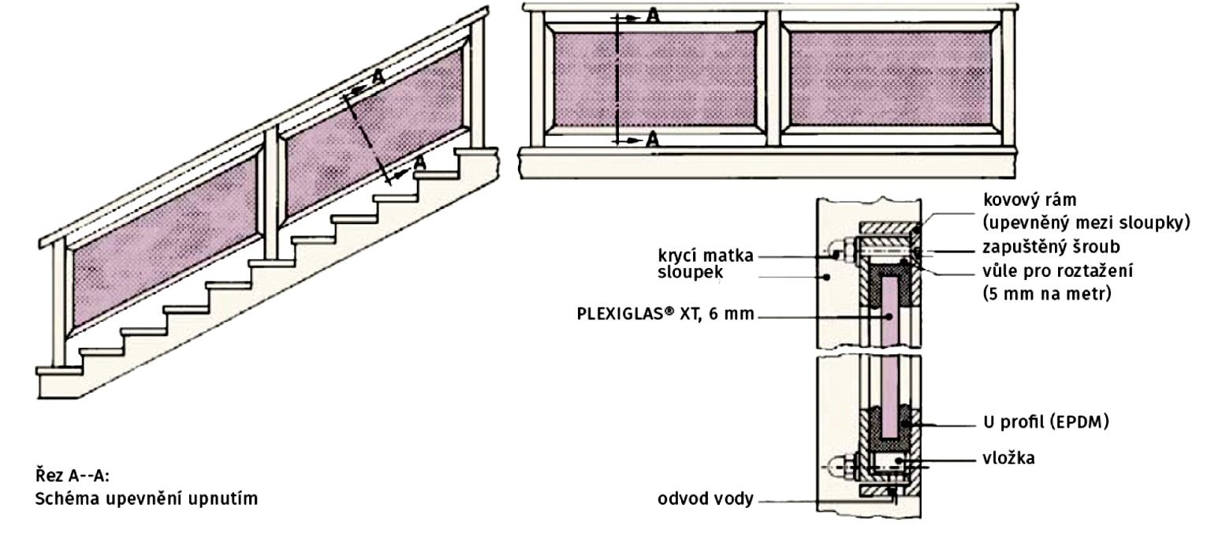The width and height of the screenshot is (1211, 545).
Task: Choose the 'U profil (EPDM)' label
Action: coord(1045,423)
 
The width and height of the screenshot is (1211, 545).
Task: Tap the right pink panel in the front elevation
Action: coord(890,80)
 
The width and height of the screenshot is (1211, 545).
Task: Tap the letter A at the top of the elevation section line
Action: coord(653,16)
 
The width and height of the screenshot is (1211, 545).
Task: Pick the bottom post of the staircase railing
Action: coord(58,300)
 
